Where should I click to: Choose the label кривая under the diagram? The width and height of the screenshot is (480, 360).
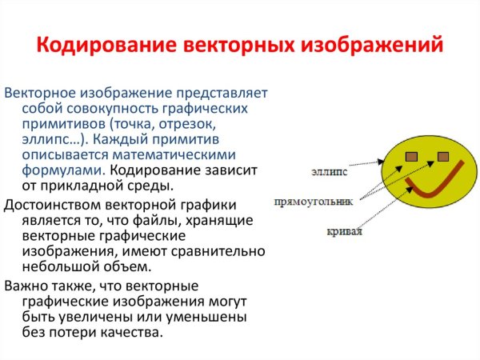pyautogui.click(x=345, y=232)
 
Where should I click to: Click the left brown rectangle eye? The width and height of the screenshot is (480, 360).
pyautogui.click(x=412, y=155)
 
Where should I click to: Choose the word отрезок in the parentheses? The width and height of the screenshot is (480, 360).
pyautogui.click(x=191, y=124)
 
